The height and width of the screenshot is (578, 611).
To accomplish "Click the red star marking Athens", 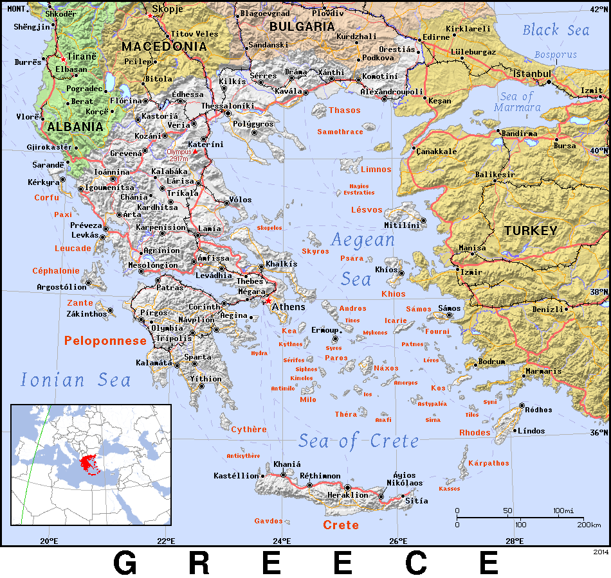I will click(x=268, y=301).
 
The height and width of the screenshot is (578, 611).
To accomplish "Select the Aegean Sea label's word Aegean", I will click(x=362, y=240).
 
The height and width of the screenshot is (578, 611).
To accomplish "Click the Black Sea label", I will click(x=555, y=30).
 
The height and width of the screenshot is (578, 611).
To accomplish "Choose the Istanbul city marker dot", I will click(x=549, y=82).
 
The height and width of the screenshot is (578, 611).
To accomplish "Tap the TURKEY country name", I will click(x=530, y=231).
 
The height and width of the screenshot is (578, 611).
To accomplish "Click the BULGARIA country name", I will click(x=302, y=26).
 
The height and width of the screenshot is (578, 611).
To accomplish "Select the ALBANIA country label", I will click(x=75, y=127).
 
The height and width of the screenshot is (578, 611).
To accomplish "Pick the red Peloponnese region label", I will click(x=105, y=341).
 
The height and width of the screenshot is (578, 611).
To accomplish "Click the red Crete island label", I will click(x=341, y=525).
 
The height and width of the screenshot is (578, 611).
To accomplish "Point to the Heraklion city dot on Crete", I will click(x=348, y=487).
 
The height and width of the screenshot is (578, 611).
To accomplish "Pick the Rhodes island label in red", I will click(x=475, y=433).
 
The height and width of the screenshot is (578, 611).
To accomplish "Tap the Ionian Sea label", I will click(x=75, y=380).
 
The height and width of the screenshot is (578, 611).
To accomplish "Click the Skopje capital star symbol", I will click(x=150, y=15).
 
